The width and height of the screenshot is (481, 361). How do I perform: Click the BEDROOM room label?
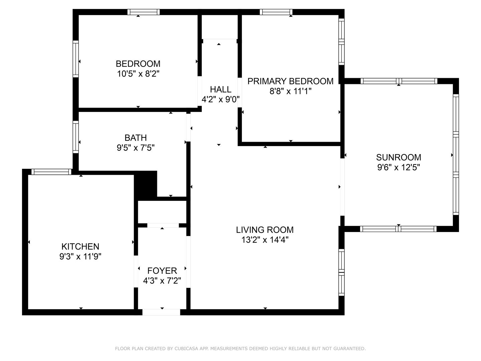pos(138,64)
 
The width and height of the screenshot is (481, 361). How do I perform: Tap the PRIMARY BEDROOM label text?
pos(290,81)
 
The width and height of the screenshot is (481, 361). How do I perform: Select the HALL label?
pos(220,90)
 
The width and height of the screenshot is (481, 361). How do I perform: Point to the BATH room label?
pos(136,138)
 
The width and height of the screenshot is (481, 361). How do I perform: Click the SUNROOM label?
pos(398,157)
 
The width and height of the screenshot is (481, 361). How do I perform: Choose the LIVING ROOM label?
pos(265,230)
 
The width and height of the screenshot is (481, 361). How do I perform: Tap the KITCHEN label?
pos(80,247)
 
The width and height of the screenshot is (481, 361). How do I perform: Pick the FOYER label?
pos(162,271)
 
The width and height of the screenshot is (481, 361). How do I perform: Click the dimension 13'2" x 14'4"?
pos(265,240)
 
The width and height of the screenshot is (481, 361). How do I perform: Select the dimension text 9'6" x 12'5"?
pos(398,167)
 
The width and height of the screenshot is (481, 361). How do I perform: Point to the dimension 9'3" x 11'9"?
pos(80,256)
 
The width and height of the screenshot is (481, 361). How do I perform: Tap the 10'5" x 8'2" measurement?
pos(138,74)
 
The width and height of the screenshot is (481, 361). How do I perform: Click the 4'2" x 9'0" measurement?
pos(220,100)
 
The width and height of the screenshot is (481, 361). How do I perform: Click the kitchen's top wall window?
pos(51,172)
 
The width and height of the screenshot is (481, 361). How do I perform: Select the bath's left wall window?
pos(75,137)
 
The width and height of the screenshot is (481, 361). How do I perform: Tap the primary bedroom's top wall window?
pos(276,12)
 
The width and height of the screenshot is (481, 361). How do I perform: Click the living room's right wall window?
pos(341,272)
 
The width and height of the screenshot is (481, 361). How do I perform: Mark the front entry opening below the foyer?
pos(161,312)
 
